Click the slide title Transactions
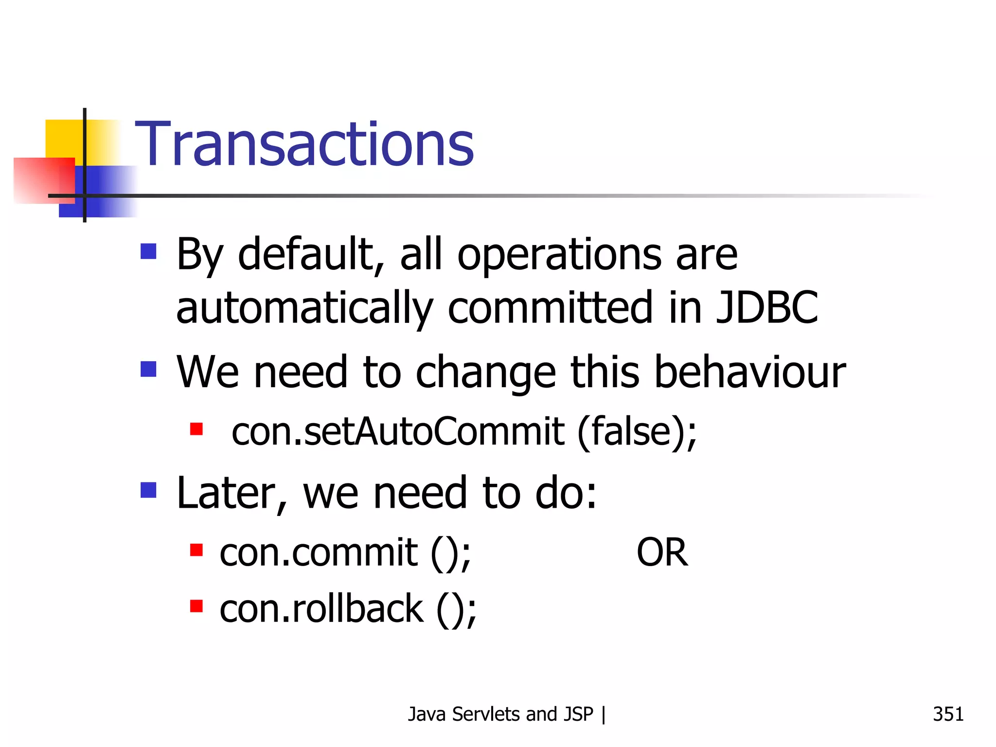(304, 144)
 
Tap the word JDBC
(767, 307)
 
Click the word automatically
(304, 308)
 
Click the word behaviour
(750, 373)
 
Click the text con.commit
(319, 553)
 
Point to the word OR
(662, 553)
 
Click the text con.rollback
(321, 609)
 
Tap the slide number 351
(948, 714)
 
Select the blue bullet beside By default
(148, 251)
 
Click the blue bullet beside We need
(148, 369)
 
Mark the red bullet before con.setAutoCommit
(196, 429)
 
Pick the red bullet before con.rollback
(196, 606)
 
